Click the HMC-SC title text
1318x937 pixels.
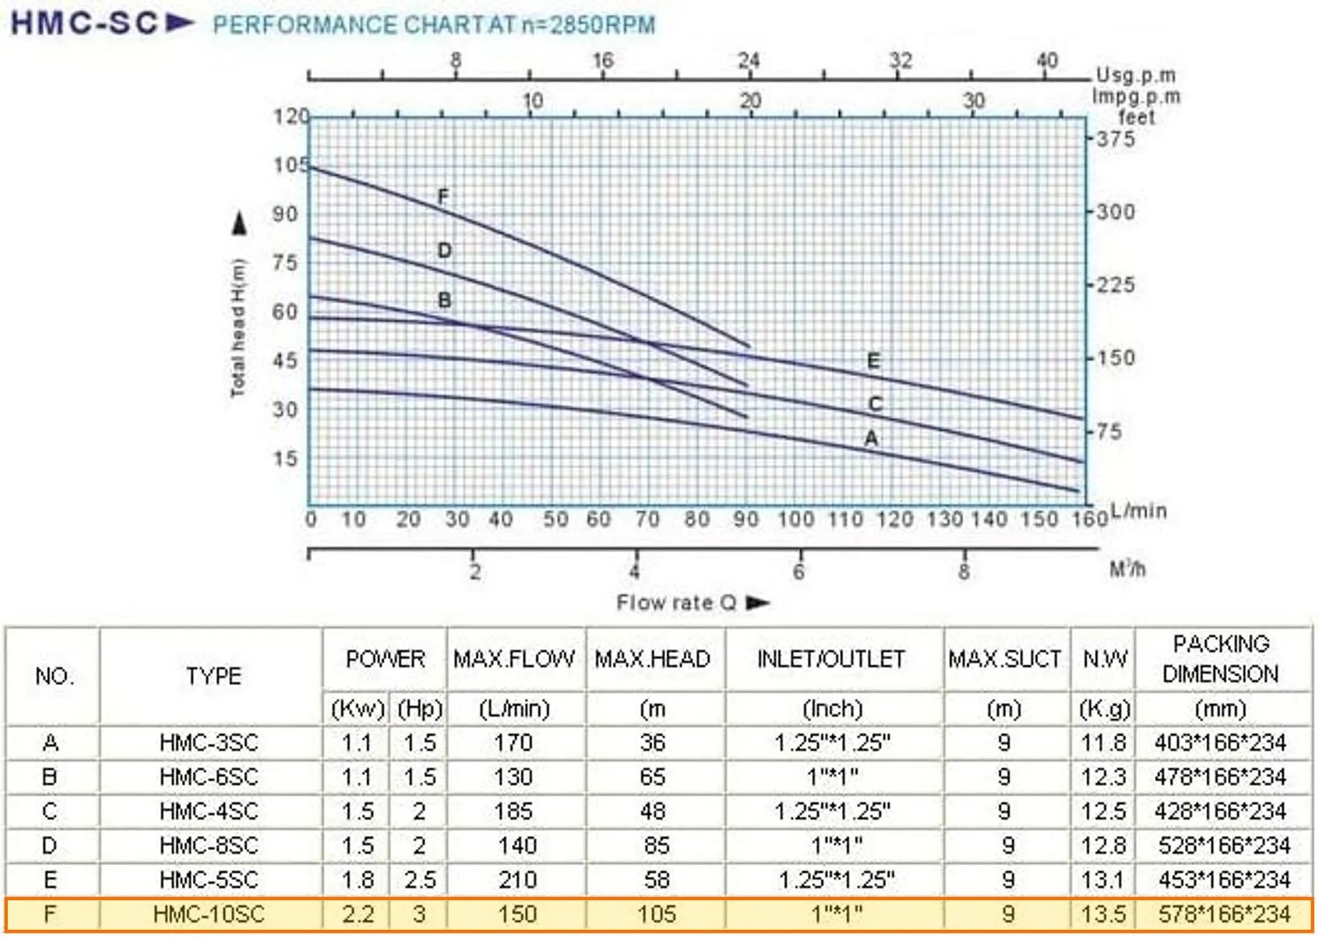(x=84, y=23)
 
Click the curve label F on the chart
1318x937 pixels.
(x=443, y=196)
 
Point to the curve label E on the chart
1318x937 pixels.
(x=873, y=360)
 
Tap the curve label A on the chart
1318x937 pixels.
(x=871, y=438)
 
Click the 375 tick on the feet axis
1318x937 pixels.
(x=1115, y=138)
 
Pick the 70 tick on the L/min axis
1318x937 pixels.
(x=647, y=519)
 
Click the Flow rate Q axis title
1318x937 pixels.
(x=676, y=603)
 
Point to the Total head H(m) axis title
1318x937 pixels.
(x=238, y=327)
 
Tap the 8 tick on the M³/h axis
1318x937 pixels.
(x=964, y=571)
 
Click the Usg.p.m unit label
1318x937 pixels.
(x=1136, y=75)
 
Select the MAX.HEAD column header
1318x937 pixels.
(x=652, y=659)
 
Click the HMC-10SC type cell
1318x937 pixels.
(x=209, y=914)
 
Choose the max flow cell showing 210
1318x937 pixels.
(x=517, y=880)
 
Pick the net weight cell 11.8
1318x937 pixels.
(x=1103, y=743)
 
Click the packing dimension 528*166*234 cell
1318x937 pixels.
(x=1224, y=845)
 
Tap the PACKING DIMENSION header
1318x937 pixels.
(x=1221, y=659)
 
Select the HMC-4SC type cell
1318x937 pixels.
(x=209, y=811)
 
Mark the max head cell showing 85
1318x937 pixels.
(x=656, y=845)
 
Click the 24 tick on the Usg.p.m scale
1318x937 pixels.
(x=749, y=60)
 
